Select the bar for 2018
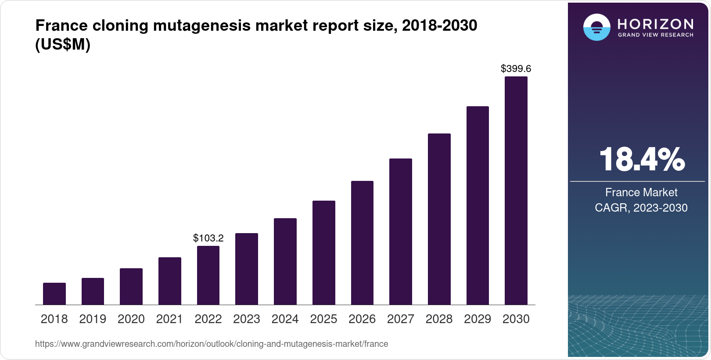[54, 294]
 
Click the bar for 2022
[208, 275]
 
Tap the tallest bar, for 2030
[516, 191]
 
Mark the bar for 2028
[439, 219]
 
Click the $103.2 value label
[208, 238]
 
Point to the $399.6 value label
[516, 68]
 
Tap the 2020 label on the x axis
[131, 319]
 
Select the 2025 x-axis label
[323, 319]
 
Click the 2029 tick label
[478, 319]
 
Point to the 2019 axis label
[93, 319]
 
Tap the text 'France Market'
[641, 192]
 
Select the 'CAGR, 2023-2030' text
[641, 208]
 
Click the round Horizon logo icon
[596, 27]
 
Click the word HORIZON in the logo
[655, 24]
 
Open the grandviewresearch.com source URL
[212, 344]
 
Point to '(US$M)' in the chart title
[63, 44]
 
